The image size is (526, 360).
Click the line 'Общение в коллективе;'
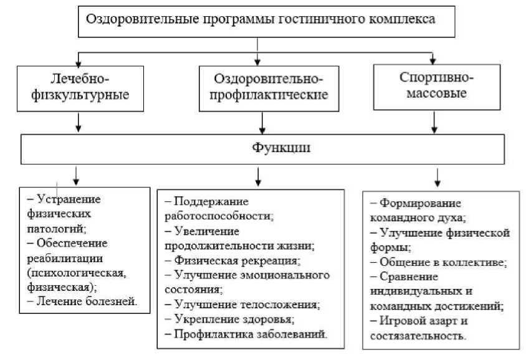tap(442, 262)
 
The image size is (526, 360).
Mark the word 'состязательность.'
tap(418, 336)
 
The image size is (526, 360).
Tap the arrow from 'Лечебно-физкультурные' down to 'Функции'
tap(79, 122)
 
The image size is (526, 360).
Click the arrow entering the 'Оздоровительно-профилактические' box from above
tap(257, 57)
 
